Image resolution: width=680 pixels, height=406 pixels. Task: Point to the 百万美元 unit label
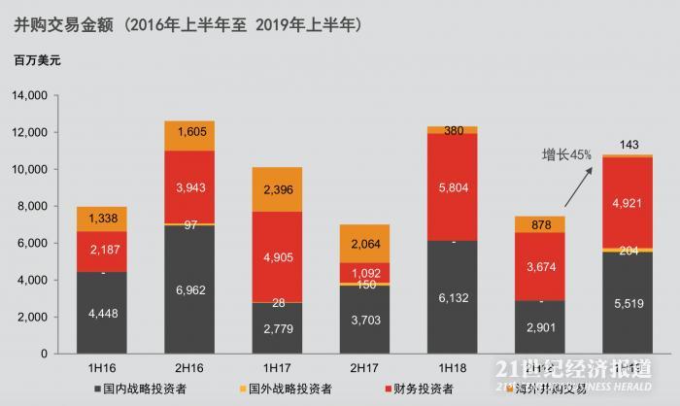(x=37, y=61)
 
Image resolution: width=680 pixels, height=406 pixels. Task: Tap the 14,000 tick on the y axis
(x=28, y=96)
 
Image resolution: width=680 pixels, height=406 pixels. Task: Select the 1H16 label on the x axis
(x=102, y=369)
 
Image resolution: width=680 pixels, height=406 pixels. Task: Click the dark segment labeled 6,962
(x=188, y=289)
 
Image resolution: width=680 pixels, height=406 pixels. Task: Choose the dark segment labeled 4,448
(x=102, y=313)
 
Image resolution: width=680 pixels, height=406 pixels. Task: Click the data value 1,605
(x=188, y=135)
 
